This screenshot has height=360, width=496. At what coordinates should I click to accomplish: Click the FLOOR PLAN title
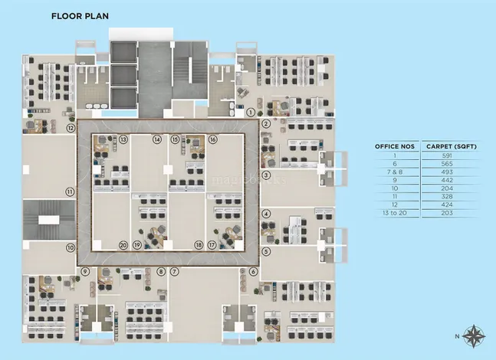80,16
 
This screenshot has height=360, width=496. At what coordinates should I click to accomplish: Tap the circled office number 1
251,112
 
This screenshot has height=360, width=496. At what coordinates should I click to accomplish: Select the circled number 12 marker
71,128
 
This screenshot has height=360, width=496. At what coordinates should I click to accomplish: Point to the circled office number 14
157,139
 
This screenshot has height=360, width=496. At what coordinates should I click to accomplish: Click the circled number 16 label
213,139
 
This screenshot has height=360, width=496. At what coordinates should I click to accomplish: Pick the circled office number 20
123,245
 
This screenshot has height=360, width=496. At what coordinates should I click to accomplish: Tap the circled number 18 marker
199,245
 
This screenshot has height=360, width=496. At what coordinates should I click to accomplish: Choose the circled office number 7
174,271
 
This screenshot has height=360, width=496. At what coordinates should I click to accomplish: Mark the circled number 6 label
253,271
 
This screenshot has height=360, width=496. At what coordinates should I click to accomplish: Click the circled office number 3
266,175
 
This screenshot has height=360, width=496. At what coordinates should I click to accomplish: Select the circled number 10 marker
71,247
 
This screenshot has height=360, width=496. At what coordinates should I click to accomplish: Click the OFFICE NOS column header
395,146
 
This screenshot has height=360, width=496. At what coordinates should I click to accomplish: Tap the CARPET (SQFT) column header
452,146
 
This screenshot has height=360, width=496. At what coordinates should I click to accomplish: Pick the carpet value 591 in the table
447,155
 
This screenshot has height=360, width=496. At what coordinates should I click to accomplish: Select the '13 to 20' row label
394,213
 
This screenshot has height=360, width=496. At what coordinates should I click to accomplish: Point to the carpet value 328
447,197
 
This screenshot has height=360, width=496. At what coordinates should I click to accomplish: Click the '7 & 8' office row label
395,172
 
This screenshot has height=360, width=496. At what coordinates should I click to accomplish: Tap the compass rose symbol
474,336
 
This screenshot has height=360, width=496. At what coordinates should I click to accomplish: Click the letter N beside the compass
457,336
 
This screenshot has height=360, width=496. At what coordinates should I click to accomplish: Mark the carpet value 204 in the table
447,188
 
